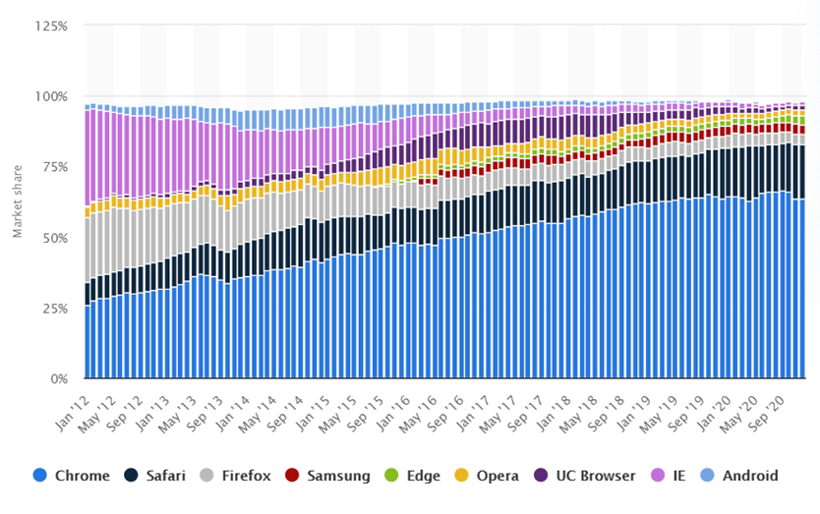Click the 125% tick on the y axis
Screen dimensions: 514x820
(x=50, y=26)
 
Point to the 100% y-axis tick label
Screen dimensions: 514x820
(x=50, y=96)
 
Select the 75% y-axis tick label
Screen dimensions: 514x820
(x=53, y=167)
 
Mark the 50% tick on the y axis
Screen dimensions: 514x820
(x=53, y=238)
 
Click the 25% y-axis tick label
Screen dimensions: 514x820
(x=53, y=309)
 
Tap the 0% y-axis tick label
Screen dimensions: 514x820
(x=57, y=379)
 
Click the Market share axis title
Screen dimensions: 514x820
(x=17, y=201)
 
